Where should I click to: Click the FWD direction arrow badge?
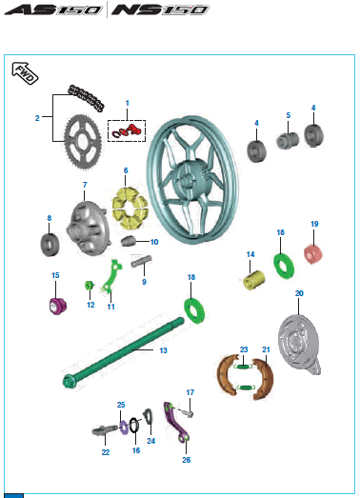coord(26,73)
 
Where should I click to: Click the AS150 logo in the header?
coord(55,12)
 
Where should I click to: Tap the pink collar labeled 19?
coord(310,254)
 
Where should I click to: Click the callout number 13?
coord(163,350)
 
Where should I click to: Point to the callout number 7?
coord(84,184)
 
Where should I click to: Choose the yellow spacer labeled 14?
coord(254,284)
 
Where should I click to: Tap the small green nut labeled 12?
coord(89,285)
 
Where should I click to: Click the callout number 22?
coord(106,454)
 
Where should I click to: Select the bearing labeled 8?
coord(50,244)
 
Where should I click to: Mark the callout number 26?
coord(186,459)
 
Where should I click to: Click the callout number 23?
coord(243,349)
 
